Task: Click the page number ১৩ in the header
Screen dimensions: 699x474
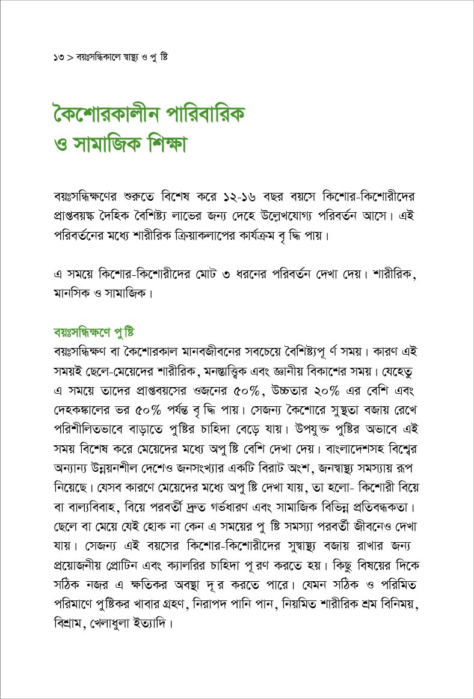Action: coord(58,58)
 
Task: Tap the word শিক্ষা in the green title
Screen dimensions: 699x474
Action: coord(156,147)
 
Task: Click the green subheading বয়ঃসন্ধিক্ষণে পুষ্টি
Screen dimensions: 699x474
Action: coord(93,332)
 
